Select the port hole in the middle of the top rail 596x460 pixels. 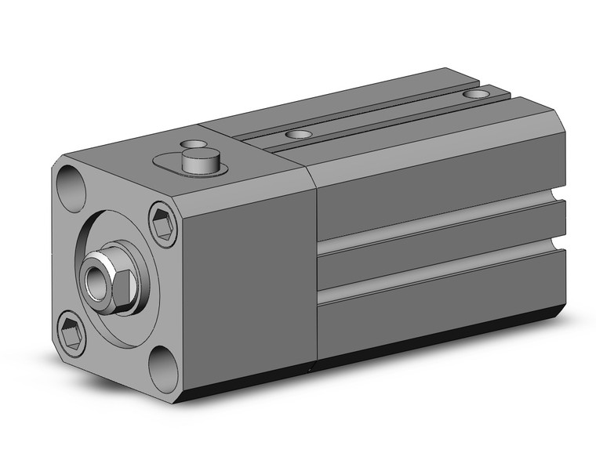(297, 134)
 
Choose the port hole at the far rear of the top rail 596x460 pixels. (474, 94)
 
